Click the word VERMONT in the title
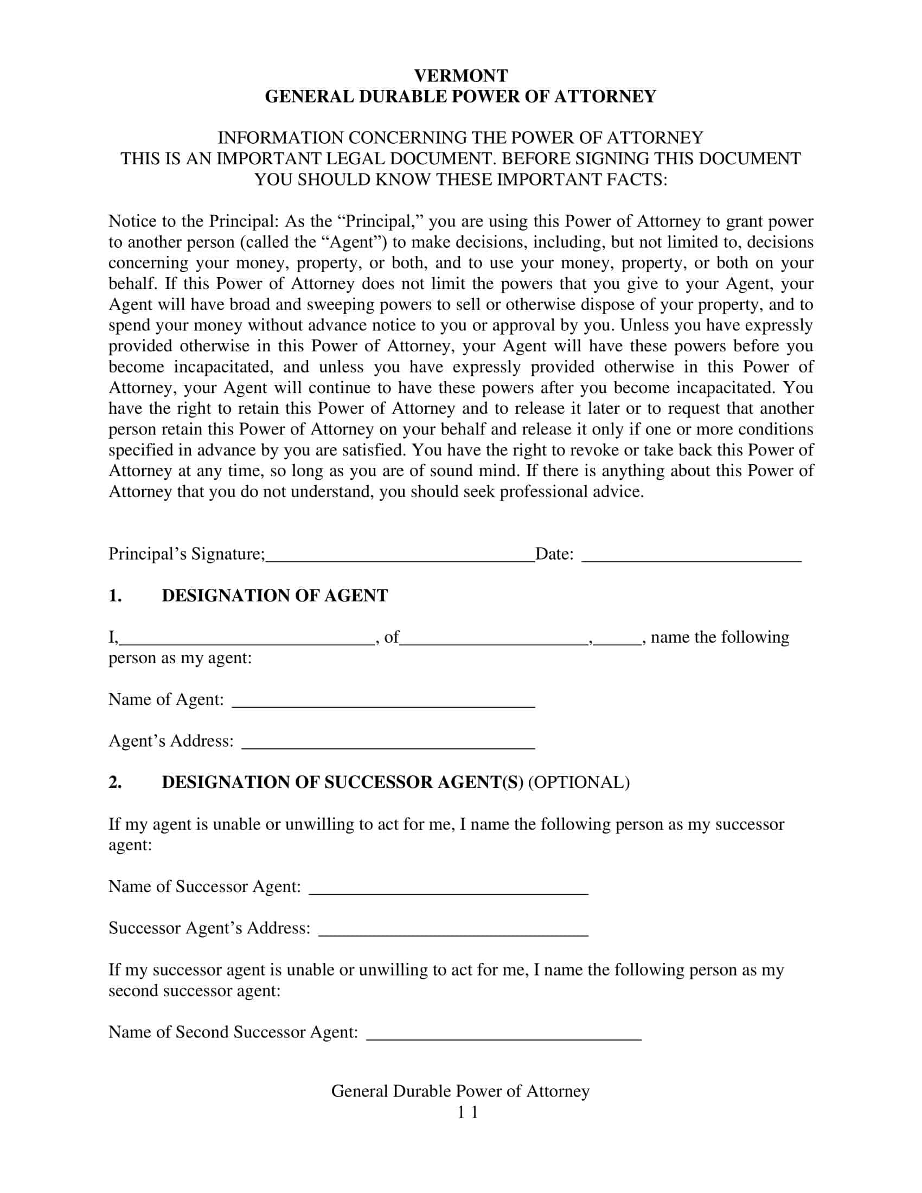coord(460,75)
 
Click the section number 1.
coord(114,595)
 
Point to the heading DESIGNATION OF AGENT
coord(275,595)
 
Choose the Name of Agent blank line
coord(383,701)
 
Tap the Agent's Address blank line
coord(388,743)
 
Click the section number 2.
coord(114,782)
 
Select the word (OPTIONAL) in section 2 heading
coord(579,782)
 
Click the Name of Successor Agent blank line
coord(449,888)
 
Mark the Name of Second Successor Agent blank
coord(504,1034)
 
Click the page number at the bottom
coord(468,1112)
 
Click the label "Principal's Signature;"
coord(187,554)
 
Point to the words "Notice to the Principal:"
coord(194,221)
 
